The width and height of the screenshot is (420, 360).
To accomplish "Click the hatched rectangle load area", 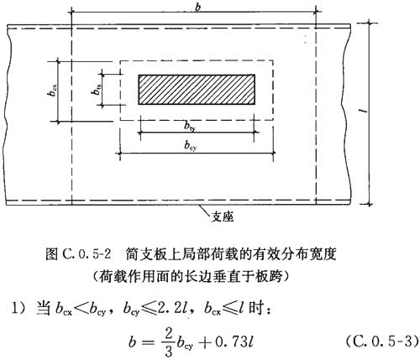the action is (197, 90).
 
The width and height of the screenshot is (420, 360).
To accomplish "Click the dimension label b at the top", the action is (198, 8).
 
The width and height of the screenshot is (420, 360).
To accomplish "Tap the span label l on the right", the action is (365, 111).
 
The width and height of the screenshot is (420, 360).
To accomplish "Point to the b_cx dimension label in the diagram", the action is (53, 90).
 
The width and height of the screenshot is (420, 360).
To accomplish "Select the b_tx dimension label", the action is (97, 90).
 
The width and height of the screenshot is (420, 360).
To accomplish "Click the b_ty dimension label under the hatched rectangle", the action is (190, 127).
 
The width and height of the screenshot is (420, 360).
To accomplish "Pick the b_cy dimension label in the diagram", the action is (190, 145).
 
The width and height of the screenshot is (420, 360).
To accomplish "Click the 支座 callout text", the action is (223, 217).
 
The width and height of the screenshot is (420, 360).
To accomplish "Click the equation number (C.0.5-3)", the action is (381, 342).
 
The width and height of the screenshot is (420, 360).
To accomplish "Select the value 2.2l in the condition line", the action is (169, 309).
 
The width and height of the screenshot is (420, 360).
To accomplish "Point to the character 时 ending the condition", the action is (255, 309).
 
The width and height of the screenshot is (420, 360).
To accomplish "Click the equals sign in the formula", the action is (148, 342).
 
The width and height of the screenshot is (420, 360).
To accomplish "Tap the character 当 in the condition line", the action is (43, 309).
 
